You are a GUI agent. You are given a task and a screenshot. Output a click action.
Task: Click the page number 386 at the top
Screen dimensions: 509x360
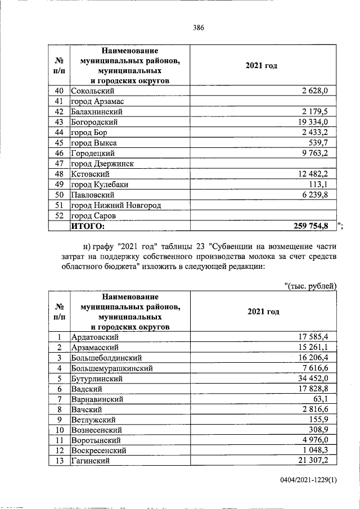(x=197, y=27)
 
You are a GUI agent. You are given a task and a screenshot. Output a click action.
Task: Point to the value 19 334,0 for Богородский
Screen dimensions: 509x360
(x=316, y=122)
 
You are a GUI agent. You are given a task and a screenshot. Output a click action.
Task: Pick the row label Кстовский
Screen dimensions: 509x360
(x=90, y=174)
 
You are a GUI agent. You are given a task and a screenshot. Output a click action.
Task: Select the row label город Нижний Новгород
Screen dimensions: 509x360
(x=116, y=205)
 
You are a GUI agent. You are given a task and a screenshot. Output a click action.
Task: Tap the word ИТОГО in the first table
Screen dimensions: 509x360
(x=88, y=227)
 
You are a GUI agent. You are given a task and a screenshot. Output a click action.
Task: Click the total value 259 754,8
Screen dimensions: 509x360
(x=311, y=227)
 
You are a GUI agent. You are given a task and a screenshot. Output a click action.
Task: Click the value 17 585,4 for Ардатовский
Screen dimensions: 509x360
(x=316, y=337)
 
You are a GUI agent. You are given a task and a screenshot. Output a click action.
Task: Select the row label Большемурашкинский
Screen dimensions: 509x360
(x=112, y=368)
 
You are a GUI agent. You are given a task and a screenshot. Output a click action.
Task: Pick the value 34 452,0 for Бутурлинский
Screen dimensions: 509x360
(x=316, y=379)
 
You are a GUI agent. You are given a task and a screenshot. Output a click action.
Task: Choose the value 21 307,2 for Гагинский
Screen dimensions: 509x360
(x=316, y=461)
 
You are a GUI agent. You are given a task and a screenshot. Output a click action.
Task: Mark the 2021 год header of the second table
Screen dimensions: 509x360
(x=263, y=311)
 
